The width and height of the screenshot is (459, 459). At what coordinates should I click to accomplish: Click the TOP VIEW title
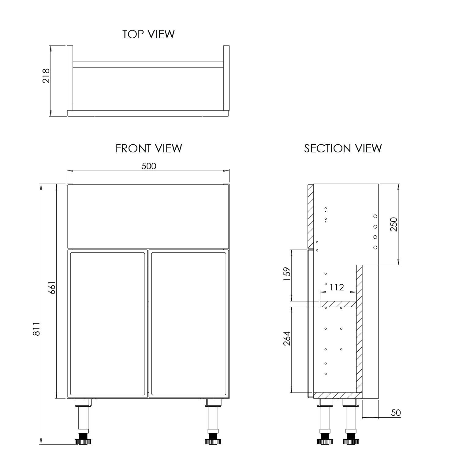pyautogui.click(x=148, y=34)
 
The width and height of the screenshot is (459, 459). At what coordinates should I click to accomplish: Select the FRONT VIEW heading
pyautogui.click(x=149, y=148)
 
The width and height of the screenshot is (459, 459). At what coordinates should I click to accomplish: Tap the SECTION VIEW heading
pyautogui.click(x=343, y=148)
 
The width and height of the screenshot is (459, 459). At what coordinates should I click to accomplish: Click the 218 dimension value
pyautogui.click(x=46, y=76)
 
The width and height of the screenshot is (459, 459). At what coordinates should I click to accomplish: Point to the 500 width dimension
pyautogui.click(x=149, y=166)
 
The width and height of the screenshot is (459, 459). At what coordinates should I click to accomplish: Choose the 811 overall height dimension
pyautogui.click(x=36, y=329)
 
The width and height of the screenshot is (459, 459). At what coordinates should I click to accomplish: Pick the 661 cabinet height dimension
pyautogui.click(x=52, y=287)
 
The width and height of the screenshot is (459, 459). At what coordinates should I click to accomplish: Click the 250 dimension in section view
pyautogui.click(x=394, y=224)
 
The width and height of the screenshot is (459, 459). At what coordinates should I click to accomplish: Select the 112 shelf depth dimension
pyautogui.click(x=337, y=287)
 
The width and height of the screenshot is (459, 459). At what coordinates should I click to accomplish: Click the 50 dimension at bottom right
pyautogui.click(x=396, y=413)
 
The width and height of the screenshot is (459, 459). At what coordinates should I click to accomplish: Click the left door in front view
pyautogui.click(x=107, y=323)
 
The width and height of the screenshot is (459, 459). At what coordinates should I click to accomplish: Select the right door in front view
pyautogui.click(x=189, y=323)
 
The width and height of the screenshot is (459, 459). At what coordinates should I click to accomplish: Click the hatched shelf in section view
pyautogui.click(x=338, y=304)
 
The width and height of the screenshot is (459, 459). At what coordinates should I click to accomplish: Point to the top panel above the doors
pyautogui.click(x=148, y=216)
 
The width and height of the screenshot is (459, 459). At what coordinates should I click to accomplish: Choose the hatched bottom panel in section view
pyautogui.click(x=337, y=395)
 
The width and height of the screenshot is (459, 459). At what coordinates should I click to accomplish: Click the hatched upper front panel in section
pyautogui.click(x=310, y=216)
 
